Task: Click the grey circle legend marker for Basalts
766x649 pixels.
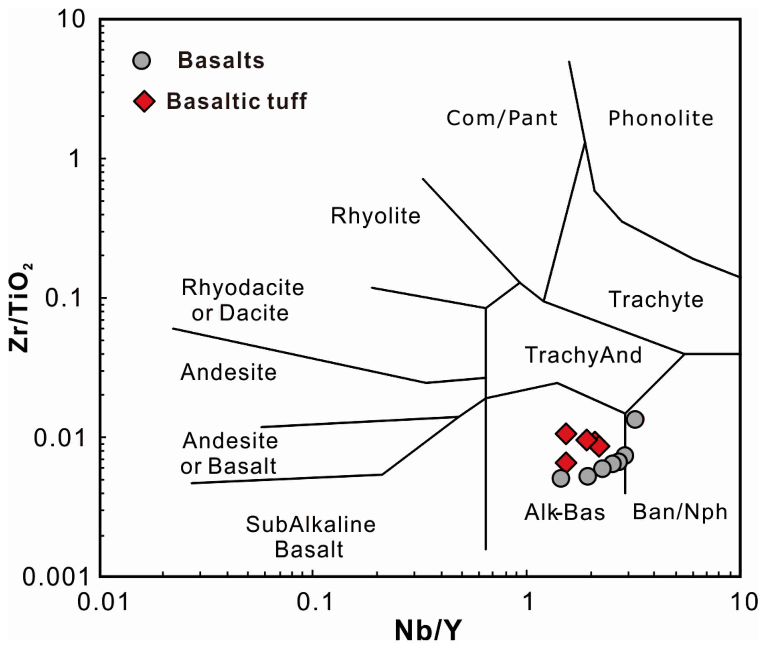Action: (141, 61)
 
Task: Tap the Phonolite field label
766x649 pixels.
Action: (660, 119)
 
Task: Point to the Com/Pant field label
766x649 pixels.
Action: (502, 119)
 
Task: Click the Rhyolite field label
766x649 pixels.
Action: (376, 216)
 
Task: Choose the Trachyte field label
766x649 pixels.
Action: (656, 299)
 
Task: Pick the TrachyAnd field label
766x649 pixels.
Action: (583, 355)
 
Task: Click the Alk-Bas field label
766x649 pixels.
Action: (564, 512)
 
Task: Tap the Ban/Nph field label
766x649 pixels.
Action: (680, 512)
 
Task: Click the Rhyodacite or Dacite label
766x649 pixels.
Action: (242, 300)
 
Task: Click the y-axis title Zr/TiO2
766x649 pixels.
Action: (20, 308)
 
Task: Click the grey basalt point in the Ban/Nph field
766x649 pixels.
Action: (635, 419)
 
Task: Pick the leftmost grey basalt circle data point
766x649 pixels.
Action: (561, 478)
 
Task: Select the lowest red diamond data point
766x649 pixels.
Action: (566, 462)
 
